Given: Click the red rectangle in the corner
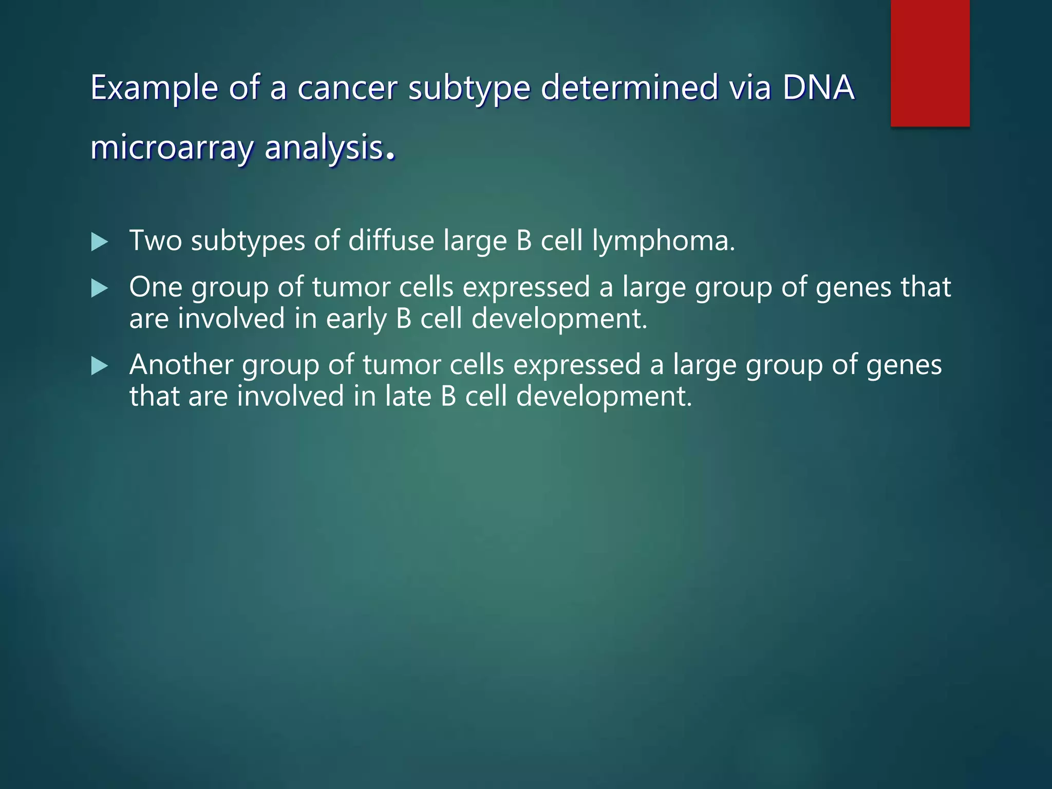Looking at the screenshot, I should pos(930,63).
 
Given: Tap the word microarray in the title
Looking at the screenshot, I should pos(172,147).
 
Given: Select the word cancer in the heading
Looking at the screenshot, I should pos(347,87).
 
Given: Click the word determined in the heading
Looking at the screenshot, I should pos(629,87).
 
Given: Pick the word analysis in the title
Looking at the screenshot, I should pos(324,147).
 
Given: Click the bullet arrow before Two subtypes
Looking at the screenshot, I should pos(99,241).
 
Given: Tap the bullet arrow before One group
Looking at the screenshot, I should pos(99,288).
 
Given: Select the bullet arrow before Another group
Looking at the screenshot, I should pos(99,366).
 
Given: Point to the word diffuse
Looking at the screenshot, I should pos(391,240).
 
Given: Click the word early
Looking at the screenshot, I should pos(356,319).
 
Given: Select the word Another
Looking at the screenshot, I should pos(181,365).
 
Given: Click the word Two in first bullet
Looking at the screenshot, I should pos(155,240).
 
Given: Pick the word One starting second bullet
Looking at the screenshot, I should pos(156,287).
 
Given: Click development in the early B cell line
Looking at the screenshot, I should pos(559,319).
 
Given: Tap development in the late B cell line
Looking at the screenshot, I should pos(604,397).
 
